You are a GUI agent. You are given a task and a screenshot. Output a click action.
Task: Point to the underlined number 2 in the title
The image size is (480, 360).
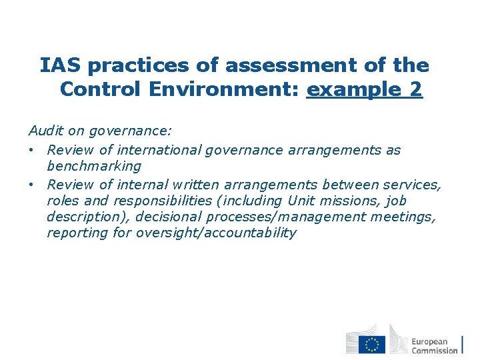tap(415, 89)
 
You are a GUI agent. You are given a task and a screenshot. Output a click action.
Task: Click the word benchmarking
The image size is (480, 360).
tap(94, 167)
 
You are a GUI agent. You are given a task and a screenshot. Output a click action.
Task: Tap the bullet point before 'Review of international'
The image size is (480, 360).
tap(33, 150)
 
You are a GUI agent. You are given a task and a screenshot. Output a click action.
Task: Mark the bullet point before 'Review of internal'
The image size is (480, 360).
tap(33, 185)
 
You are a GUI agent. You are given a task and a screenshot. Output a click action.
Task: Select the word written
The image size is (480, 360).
tap(192, 185)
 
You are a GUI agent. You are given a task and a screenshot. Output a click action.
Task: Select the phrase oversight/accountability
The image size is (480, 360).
tap(215, 233)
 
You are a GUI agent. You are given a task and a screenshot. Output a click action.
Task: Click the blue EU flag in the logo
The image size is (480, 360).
tap(372, 344)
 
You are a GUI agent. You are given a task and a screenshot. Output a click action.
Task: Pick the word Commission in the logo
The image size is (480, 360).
tap(435, 351)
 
